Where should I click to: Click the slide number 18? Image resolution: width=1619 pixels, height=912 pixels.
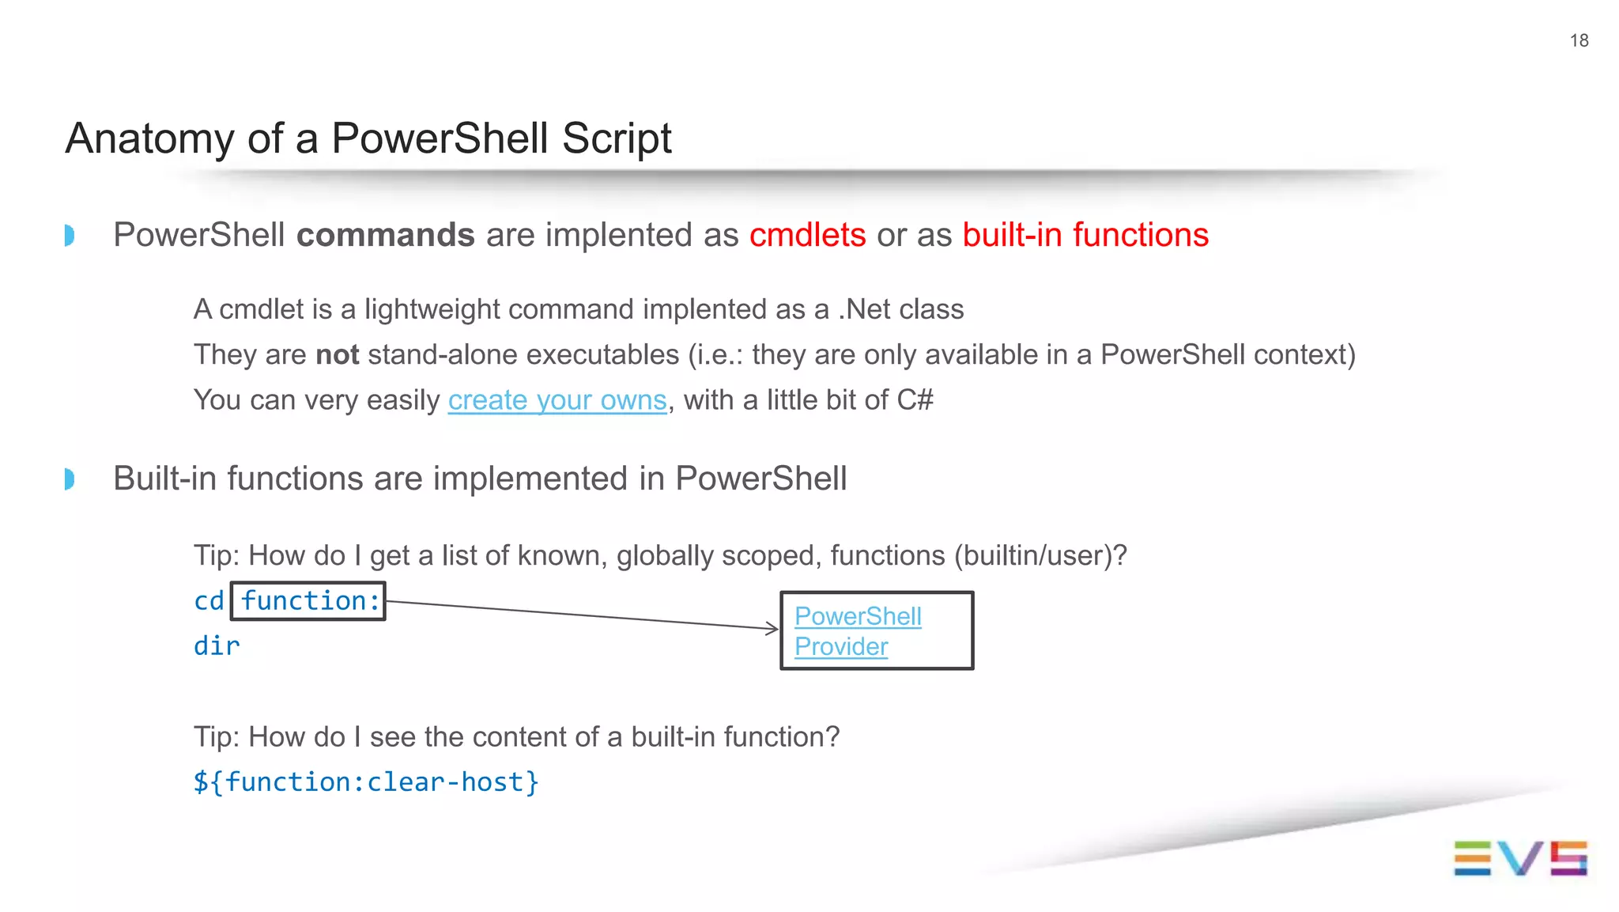(1579, 40)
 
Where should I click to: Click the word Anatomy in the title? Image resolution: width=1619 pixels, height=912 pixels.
(149, 138)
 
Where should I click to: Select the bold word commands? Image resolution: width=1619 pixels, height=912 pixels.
(385, 236)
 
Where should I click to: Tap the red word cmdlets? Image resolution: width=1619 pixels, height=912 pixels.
(807, 236)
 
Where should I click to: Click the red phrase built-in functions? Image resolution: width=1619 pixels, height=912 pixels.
(1085, 236)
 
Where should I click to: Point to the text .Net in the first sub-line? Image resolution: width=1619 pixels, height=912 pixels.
(864, 309)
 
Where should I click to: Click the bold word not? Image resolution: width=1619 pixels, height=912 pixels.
(337, 355)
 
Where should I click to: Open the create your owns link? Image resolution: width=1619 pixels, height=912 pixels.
(557, 400)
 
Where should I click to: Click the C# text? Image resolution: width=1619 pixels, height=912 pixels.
(915, 400)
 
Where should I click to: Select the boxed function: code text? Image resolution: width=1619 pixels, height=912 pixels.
(309, 601)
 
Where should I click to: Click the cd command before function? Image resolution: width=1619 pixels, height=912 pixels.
(209, 601)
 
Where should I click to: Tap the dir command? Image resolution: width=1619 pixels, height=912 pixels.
(217, 646)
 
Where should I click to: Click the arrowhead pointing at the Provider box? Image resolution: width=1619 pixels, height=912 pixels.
(773, 629)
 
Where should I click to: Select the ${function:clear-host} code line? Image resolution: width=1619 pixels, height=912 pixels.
(366, 782)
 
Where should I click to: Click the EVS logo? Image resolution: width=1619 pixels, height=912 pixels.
(1519, 858)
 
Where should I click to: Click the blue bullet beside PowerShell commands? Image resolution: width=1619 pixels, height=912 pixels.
(70, 236)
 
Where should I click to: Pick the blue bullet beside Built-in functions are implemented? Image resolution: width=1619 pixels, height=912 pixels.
(70, 479)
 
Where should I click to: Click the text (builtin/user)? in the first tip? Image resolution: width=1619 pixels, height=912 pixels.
(1040, 556)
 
